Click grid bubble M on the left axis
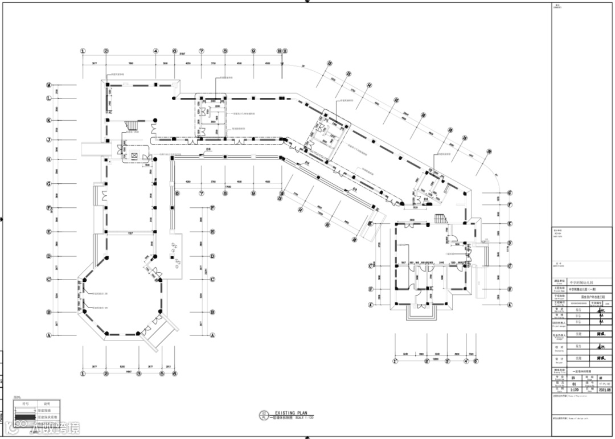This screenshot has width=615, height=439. (50, 85)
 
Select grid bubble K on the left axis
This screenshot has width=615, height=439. (50, 120)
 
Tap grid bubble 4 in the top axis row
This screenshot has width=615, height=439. (155, 51)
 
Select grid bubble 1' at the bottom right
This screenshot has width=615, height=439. (395, 360)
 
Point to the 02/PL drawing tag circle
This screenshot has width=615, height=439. (264, 415)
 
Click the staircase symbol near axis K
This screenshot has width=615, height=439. (132, 125)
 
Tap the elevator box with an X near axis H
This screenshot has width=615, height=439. (134, 154)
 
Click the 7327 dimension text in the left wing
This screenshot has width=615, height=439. (130, 233)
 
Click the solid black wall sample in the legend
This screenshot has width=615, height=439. (23, 417)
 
